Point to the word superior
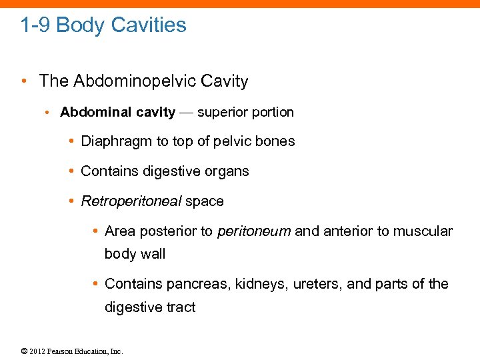[x=223, y=112]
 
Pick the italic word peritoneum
[x=254, y=231]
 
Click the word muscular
[x=423, y=231]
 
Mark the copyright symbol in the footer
[x=24, y=351]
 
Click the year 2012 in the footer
[x=37, y=351]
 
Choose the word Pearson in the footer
[x=61, y=351]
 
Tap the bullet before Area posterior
[x=95, y=232]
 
